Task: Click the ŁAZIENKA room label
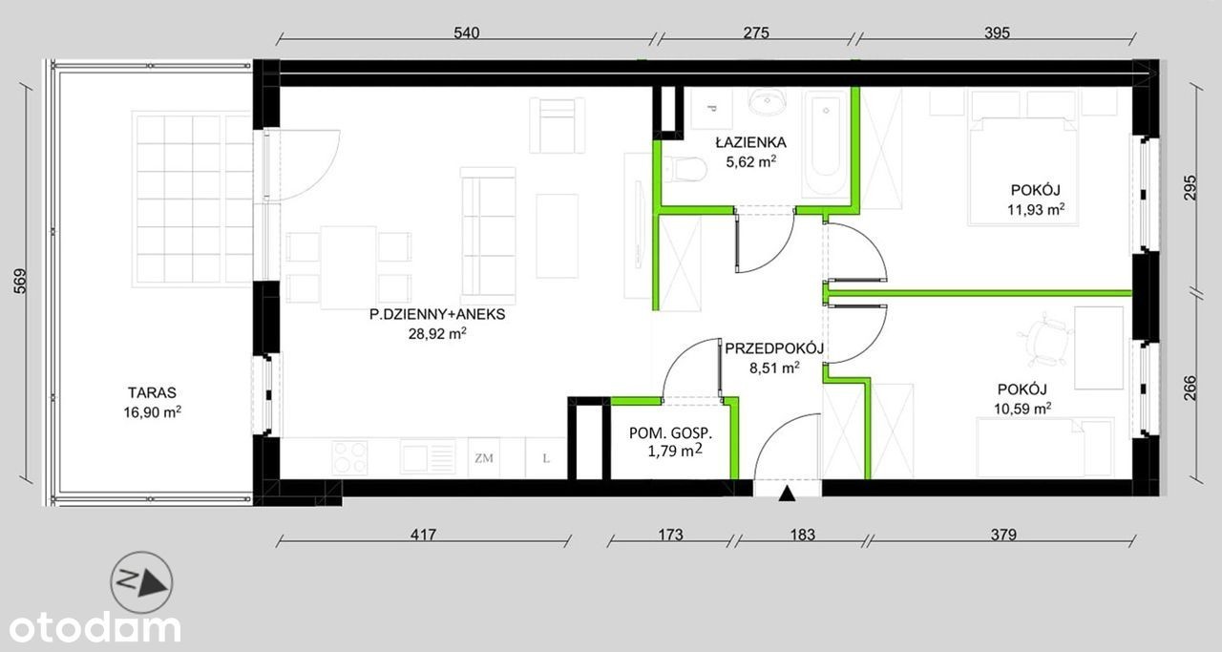[750, 143]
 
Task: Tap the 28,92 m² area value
[437, 333]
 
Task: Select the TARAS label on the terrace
[152, 392]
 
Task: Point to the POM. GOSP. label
[670, 433]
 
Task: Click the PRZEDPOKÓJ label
[773, 348]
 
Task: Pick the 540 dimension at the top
[467, 32]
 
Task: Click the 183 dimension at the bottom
[803, 535]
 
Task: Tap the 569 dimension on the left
[20, 282]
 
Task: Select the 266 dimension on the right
[1190, 388]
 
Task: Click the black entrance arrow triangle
[786, 494]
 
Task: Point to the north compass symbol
[142, 582]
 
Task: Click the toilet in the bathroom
[685, 169]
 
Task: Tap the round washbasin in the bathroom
[768, 102]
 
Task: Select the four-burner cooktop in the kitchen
[349, 457]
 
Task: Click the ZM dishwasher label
[484, 458]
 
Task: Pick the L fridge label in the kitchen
[546, 458]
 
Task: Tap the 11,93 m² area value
[1036, 209]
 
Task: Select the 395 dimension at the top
[997, 32]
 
